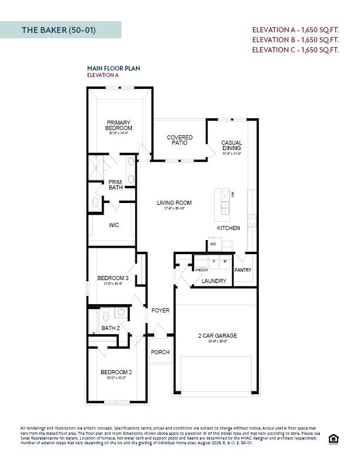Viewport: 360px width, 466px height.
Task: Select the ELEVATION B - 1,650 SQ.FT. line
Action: [x=295, y=39]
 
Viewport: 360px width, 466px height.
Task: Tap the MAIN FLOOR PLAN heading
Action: [x=114, y=68]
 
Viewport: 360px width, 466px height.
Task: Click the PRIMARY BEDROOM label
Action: [x=119, y=125]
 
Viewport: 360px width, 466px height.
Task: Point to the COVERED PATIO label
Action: [x=179, y=140]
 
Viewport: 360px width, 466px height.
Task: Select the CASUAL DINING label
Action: [x=232, y=145]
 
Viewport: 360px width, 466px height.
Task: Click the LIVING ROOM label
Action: [x=174, y=203]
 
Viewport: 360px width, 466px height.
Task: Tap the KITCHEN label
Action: [x=228, y=228]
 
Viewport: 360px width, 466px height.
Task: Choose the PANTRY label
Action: [x=243, y=270]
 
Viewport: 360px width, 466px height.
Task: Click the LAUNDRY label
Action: [x=214, y=281]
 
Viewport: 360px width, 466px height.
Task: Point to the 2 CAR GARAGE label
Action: [x=218, y=336]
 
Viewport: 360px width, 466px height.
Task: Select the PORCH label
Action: [x=160, y=352]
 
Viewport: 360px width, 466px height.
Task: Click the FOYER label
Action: [x=161, y=310]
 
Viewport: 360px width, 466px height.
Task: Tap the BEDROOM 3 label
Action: [x=113, y=278]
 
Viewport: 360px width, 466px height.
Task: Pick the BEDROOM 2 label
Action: [x=116, y=372]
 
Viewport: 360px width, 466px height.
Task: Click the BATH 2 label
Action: [x=111, y=328]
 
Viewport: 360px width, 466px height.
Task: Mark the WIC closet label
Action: [x=114, y=225]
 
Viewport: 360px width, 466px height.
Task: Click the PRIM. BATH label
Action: [x=115, y=185]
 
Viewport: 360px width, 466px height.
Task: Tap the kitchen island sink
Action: [x=225, y=207]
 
